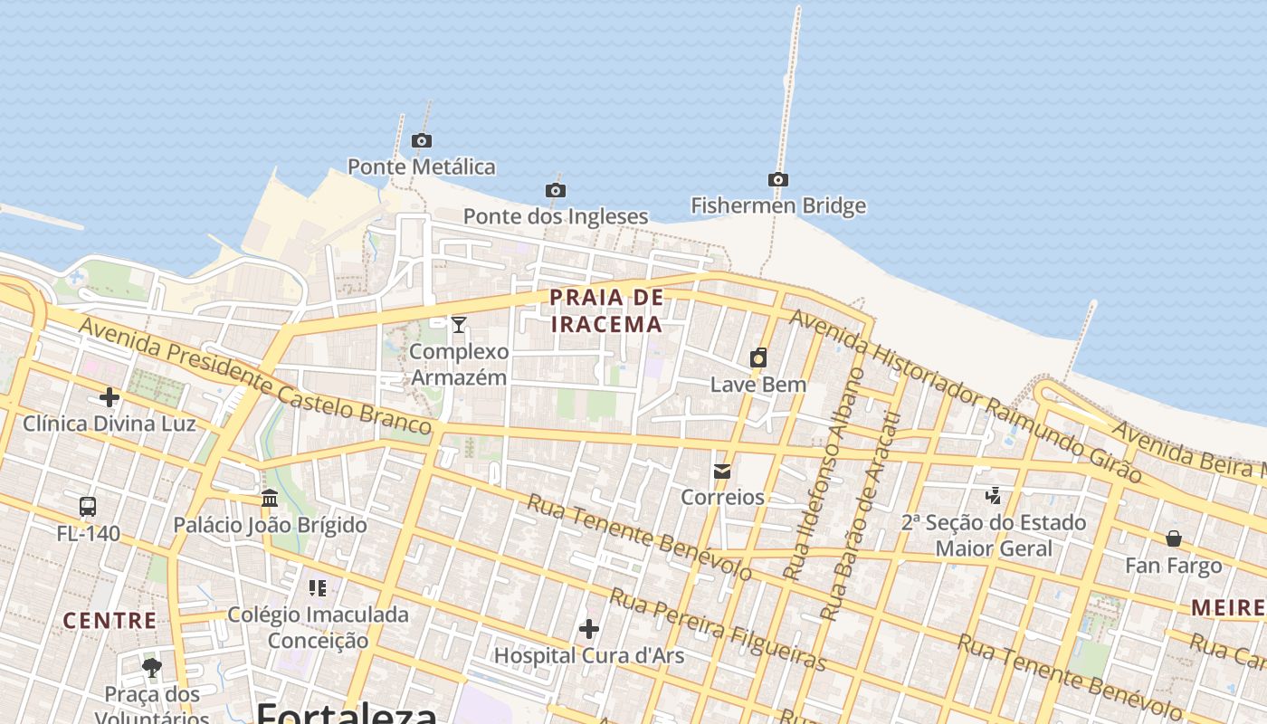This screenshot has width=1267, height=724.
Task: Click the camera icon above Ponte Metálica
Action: coord(422,140)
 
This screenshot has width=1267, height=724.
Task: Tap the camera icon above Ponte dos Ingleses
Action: coord(556,190)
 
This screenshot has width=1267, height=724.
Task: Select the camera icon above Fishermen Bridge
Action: coord(778,179)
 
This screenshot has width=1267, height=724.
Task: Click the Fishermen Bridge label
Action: coord(778,206)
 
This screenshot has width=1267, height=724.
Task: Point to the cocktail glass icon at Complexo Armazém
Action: coord(459,324)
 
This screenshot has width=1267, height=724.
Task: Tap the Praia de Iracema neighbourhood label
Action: coord(606,310)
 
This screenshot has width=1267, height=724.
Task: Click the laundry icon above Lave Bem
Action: coord(758,357)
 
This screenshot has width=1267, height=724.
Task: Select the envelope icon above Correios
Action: coord(722,471)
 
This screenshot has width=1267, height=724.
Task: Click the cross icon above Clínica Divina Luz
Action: coord(110,396)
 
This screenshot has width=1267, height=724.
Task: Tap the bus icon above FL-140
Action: coord(88,507)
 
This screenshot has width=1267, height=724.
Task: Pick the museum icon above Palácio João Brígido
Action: coord(270,498)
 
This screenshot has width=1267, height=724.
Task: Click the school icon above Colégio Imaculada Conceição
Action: coord(318,588)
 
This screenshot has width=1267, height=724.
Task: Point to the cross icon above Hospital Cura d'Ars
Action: coord(589,628)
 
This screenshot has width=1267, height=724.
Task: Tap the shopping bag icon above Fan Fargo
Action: coord(1174,538)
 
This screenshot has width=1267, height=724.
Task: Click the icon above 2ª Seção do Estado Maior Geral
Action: coord(994,495)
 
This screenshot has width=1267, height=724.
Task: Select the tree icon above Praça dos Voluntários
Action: coord(152,668)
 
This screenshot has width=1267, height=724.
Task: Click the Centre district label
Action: coord(110,621)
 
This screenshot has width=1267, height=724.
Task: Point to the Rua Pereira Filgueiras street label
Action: coord(718,630)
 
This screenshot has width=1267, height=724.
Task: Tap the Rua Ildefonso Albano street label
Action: coord(824,474)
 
